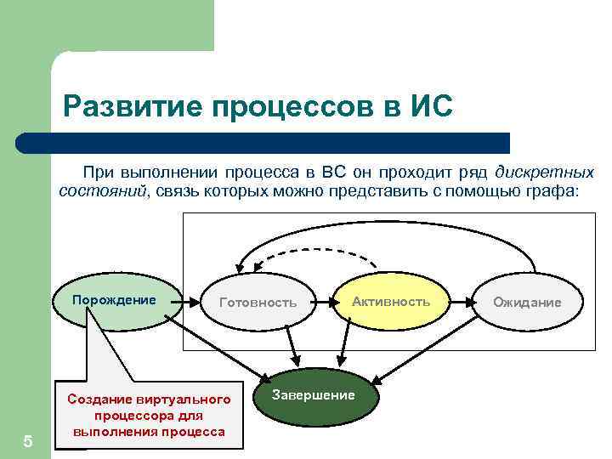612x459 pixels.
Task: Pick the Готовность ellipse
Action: (x=258, y=302)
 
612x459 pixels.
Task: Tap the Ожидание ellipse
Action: (x=527, y=303)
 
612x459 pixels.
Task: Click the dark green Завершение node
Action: (x=314, y=396)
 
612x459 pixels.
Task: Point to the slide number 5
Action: (x=28, y=441)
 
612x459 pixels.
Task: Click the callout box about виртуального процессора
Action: (x=149, y=415)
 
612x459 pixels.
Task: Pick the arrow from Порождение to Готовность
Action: (x=194, y=302)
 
